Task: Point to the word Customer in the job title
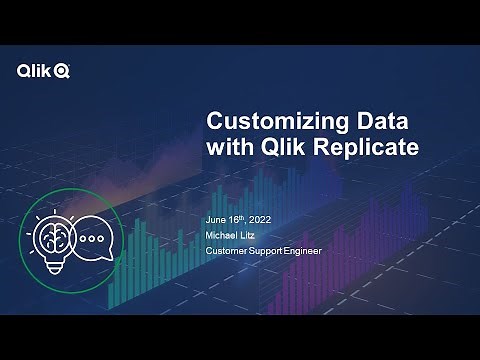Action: click(x=228, y=250)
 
